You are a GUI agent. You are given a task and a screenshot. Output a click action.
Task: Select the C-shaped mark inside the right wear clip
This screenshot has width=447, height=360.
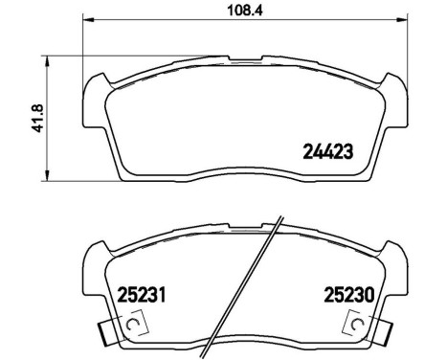click(x=358, y=326)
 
